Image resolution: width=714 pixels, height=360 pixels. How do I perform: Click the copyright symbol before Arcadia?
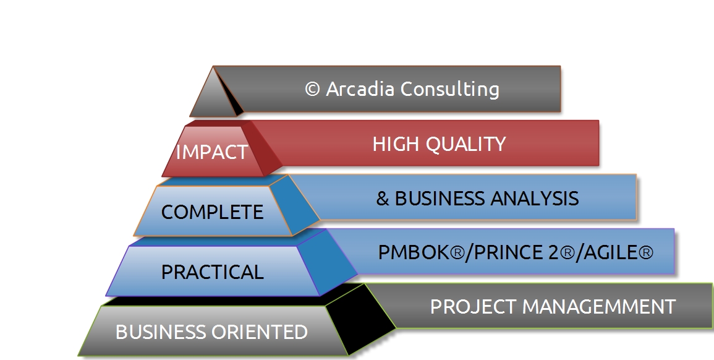[x=312, y=89]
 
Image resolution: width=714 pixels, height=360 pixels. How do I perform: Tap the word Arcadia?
[x=360, y=88]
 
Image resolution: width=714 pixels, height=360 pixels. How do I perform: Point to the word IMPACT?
[x=212, y=152]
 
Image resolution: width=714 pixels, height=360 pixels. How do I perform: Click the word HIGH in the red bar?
[x=396, y=144]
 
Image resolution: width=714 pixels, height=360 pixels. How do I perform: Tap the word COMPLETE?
[x=212, y=212]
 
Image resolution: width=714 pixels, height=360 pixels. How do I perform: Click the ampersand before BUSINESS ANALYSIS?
[x=383, y=199]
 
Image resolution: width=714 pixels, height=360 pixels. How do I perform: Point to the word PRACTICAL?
[x=212, y=272]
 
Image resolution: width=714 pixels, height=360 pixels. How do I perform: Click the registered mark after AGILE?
[x=646, y=252]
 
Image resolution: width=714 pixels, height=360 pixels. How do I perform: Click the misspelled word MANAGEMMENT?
[x=599, y=307]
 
